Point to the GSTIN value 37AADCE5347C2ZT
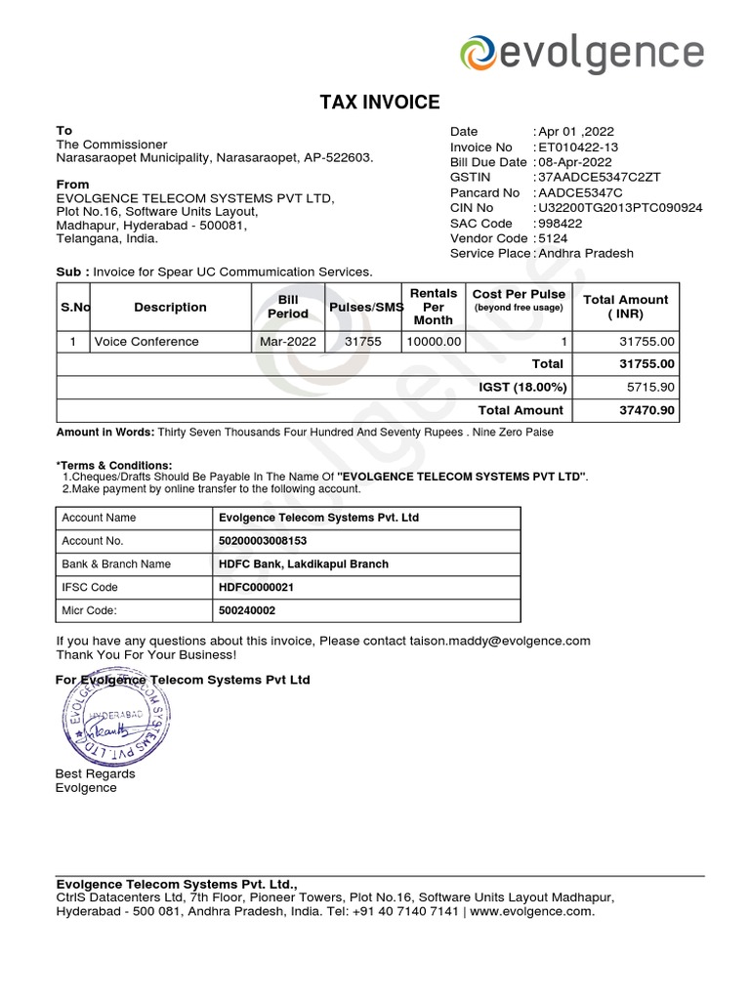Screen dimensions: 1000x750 [598, 178]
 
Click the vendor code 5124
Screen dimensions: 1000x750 [554, 238]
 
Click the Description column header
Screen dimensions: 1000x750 [170, 308]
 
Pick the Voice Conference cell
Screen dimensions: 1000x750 [146, 342]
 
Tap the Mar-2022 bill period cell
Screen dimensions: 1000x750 [287, 342]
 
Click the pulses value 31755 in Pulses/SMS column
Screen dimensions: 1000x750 [363, 342]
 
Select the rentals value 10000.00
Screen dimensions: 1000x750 [433, 342]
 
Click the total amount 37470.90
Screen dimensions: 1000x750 [646, 411]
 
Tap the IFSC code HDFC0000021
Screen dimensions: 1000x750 [256, 587]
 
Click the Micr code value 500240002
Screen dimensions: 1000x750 [248, 610]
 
